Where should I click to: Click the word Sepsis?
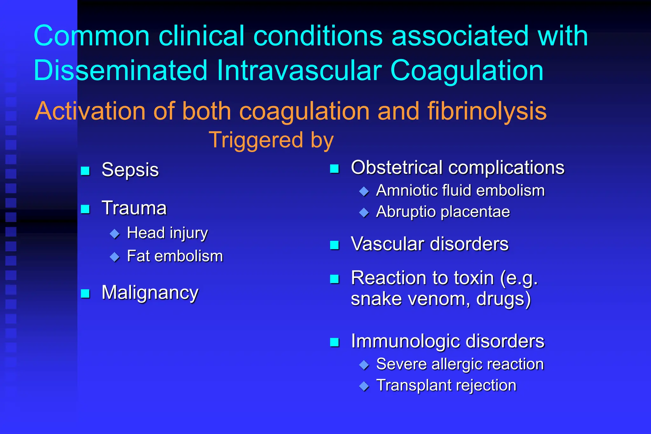click(130, 170)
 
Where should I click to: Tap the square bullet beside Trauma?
click(85, 209)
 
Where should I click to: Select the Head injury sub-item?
click(167, 233)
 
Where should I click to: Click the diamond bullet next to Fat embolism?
click(114, 257)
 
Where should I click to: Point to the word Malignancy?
click(150, 293)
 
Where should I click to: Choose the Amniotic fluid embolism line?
click(460, 191)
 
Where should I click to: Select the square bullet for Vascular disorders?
click(334, 245)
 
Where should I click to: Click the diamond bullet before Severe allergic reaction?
click(364, 365)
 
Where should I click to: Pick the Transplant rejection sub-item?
click(446, 385)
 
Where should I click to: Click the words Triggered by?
click(271, 140)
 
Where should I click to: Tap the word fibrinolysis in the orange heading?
click(487, 111)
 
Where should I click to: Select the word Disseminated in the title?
click(120, 71)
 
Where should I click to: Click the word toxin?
click(474, 278)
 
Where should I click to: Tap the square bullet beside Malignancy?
click(85, 293)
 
